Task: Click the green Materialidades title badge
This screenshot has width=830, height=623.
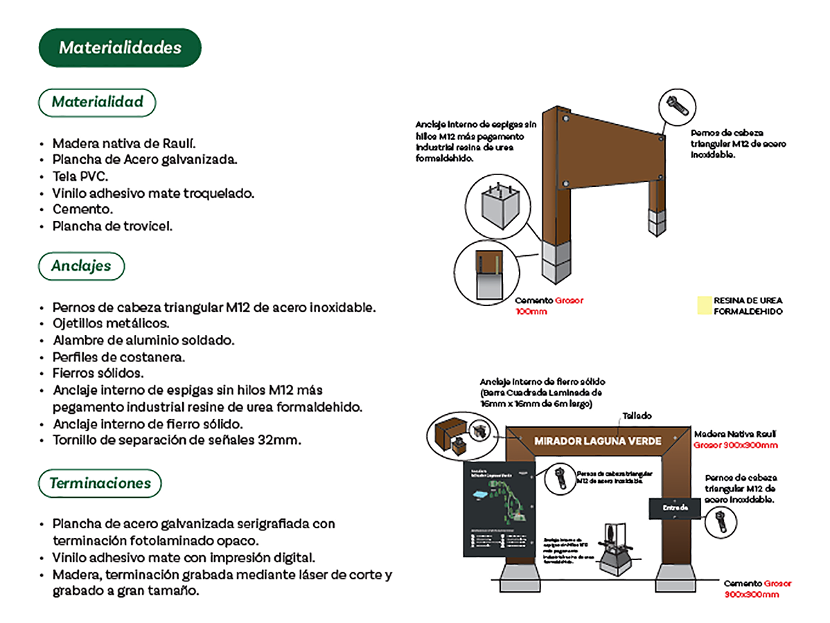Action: (x=120, y=48)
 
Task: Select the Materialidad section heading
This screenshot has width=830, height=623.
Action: (x=97, y=102)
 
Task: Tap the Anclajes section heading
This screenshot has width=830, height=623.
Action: (x=81, y=266)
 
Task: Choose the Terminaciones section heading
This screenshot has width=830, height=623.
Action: (x=100, y=483)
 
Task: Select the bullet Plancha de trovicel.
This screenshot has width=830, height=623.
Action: (x=112, y=226)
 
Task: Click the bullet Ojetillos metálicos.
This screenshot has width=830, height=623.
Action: (x=111, y=323)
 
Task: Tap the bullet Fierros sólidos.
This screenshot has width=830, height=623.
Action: (x=98, y=374)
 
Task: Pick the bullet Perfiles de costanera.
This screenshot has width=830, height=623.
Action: (x=119, y=357)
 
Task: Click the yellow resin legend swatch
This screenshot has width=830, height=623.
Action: (x=703, y=306)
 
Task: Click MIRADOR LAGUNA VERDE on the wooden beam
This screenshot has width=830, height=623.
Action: (x=597, y=441)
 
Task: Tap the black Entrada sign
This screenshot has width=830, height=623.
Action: (x=676, y=507)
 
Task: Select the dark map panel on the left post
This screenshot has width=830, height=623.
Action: (x=499, y=508)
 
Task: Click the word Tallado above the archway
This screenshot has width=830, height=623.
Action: (x=637, y=416)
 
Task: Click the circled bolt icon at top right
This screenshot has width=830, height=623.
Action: (x=675, y=105)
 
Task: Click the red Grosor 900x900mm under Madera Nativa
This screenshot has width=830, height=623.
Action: (x=736, y=445)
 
